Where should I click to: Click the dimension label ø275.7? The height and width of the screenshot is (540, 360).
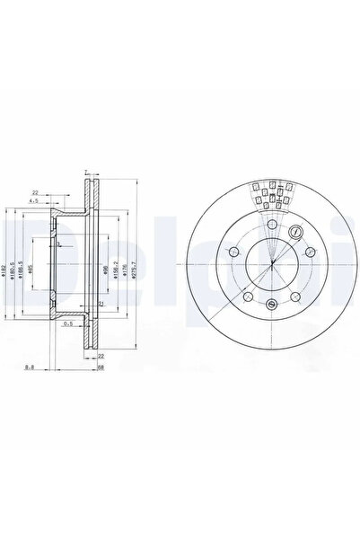pos(134,270)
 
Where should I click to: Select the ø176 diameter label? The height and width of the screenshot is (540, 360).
pos(126,270)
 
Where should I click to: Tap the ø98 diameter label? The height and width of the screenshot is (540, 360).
pos(106,270)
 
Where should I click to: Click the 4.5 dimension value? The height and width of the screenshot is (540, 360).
pos(32,200)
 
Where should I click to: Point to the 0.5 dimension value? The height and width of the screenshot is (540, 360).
pos(67,325)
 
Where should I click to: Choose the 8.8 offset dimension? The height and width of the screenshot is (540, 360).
pos(31,367)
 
